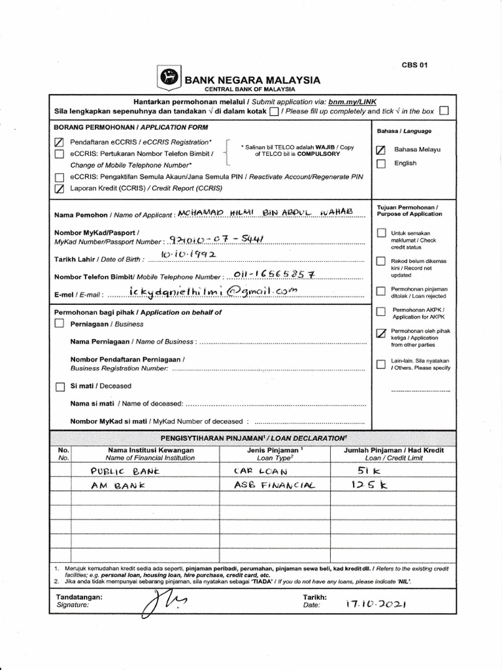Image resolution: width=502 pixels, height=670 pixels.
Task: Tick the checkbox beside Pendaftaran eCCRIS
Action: pyautogui.click(x=59, y=142)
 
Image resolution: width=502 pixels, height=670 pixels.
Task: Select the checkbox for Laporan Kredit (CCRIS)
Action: pyautogui.click(x=59, y=188)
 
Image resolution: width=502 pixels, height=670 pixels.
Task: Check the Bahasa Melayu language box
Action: pyautogui.click(x=381, y=150)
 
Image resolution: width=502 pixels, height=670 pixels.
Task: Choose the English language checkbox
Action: pyautogui.click(x=381, y=164)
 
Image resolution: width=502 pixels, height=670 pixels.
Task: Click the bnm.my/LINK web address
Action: pyautogui.click(x=352, y=102)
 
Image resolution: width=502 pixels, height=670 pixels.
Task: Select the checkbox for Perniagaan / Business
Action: pyautogui.click(x=59, y=323)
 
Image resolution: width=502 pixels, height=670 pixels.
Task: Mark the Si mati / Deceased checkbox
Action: pyautogui.click(x=59, y=386)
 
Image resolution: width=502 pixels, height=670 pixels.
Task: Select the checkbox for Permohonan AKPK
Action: pyautogui.click(x=381, y=311)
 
